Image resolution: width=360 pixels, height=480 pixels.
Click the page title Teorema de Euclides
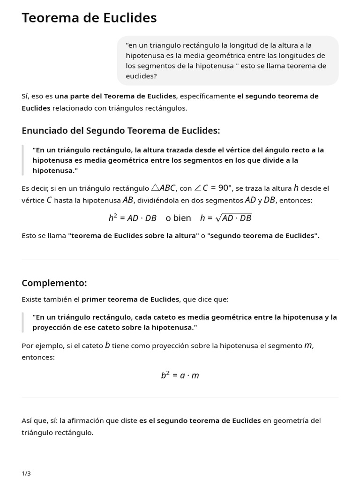tap(89, 18)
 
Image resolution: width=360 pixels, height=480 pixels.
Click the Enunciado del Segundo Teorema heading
tap(120, 131)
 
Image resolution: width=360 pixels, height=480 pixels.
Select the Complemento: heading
tap(54, 283)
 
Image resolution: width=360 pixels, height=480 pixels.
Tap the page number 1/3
tap(26, 473)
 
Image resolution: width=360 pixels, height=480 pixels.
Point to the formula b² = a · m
tap(180, 375)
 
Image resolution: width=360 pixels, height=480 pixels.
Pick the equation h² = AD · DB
tap(132, 218)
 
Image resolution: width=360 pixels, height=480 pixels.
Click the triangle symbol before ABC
tap(156, 188)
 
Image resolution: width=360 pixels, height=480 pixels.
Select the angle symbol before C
tap(198, 188)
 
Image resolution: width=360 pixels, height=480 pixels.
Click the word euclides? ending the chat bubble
tap(142, 76)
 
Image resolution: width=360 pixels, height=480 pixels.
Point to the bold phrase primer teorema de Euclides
tap(130, 299)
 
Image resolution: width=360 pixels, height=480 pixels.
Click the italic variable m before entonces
tap(308, 345)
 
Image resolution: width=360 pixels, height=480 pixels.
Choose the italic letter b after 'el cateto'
tap(107, 345)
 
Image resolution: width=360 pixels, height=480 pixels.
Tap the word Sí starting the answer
tap(25, 96)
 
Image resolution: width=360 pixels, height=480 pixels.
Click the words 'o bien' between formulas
tap(178, 218)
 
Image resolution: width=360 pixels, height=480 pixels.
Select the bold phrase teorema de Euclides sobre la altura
tap(134, 235)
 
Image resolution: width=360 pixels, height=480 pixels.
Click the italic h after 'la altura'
tap(296, 188)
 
